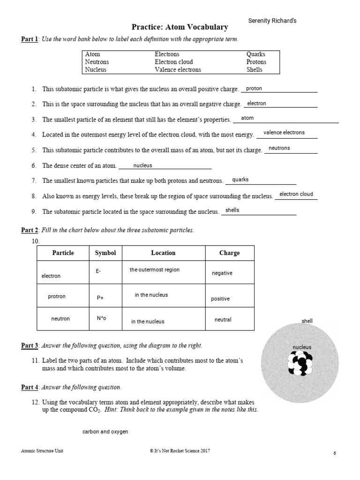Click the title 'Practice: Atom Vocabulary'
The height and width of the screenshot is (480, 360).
179,28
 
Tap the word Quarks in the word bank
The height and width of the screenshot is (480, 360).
256,54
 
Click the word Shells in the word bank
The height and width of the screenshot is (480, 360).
255,69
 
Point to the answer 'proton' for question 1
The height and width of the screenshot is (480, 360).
254,88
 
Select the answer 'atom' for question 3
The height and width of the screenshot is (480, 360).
247,118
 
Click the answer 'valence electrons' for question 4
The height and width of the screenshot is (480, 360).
284,133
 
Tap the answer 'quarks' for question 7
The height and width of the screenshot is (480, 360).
240,180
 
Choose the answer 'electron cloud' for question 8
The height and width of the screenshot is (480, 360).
296,194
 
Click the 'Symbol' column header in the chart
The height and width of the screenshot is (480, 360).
105,253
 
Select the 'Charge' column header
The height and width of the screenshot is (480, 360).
229,253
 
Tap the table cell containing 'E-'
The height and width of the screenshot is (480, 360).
105,272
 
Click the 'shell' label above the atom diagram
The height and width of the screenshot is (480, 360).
307,321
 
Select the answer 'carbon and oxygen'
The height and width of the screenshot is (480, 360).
105,432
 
